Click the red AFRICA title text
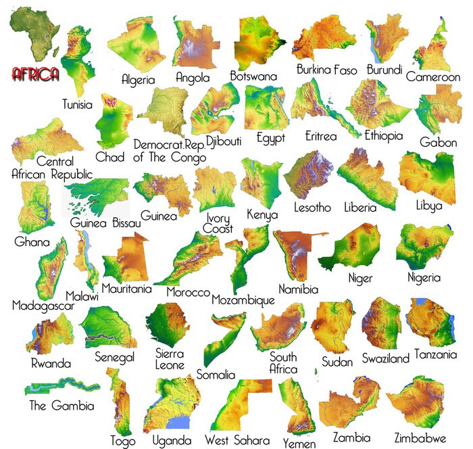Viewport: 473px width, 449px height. [35, 74]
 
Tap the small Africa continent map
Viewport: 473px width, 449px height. [34, 34]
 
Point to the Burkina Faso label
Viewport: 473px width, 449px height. [326, 70]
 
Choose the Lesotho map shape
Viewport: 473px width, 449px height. [308, 174]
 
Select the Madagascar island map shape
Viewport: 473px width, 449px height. [53, 269]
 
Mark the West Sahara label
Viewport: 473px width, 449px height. [236, 440]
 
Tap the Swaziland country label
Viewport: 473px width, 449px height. [385, 358]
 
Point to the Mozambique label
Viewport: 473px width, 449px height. [243, 300]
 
